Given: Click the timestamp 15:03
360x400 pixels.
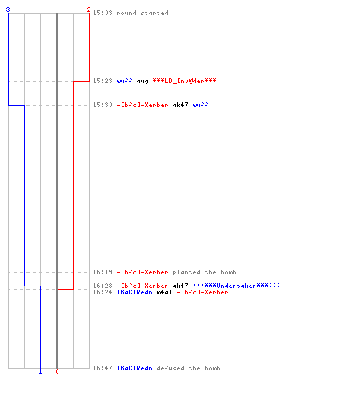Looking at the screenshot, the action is (x=102, y=13).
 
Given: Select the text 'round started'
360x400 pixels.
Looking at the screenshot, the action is (x=142, y=13).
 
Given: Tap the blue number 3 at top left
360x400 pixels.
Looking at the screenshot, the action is (x=8, y=10).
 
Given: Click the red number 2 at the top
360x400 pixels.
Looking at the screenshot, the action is (x=89, y=10).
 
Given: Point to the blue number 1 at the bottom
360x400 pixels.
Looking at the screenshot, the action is (x=40, y=371).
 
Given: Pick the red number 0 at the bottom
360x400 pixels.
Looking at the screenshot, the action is (x=57, y=371).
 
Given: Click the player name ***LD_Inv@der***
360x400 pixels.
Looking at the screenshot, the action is (x=184, y=81).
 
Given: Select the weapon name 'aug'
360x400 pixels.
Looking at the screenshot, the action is (x=142, y=82).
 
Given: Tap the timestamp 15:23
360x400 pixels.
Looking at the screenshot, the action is (x=102, y=81).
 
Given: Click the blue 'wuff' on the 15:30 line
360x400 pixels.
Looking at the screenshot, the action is (x=200, y=105).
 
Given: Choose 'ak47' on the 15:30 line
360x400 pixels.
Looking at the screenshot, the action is (x=180, y=105).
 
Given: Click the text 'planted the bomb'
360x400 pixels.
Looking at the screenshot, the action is (x=204, y=272).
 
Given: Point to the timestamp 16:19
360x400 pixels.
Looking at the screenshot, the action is (x=102, y=272).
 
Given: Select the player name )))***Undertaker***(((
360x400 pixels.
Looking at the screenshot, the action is (x=236, y=286).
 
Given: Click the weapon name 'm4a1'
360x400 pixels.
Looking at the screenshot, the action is (x=164, y=292).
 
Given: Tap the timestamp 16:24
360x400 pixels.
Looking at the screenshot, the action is (x=102, y=292).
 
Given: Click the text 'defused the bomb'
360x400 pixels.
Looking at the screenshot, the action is (x=188, y=368).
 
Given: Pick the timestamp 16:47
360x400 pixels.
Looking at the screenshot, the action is (x=102, y=368).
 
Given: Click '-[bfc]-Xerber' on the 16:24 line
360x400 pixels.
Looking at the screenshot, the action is (x=202, y=292).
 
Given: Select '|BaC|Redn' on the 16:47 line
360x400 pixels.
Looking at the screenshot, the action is (x=135, y=368).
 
